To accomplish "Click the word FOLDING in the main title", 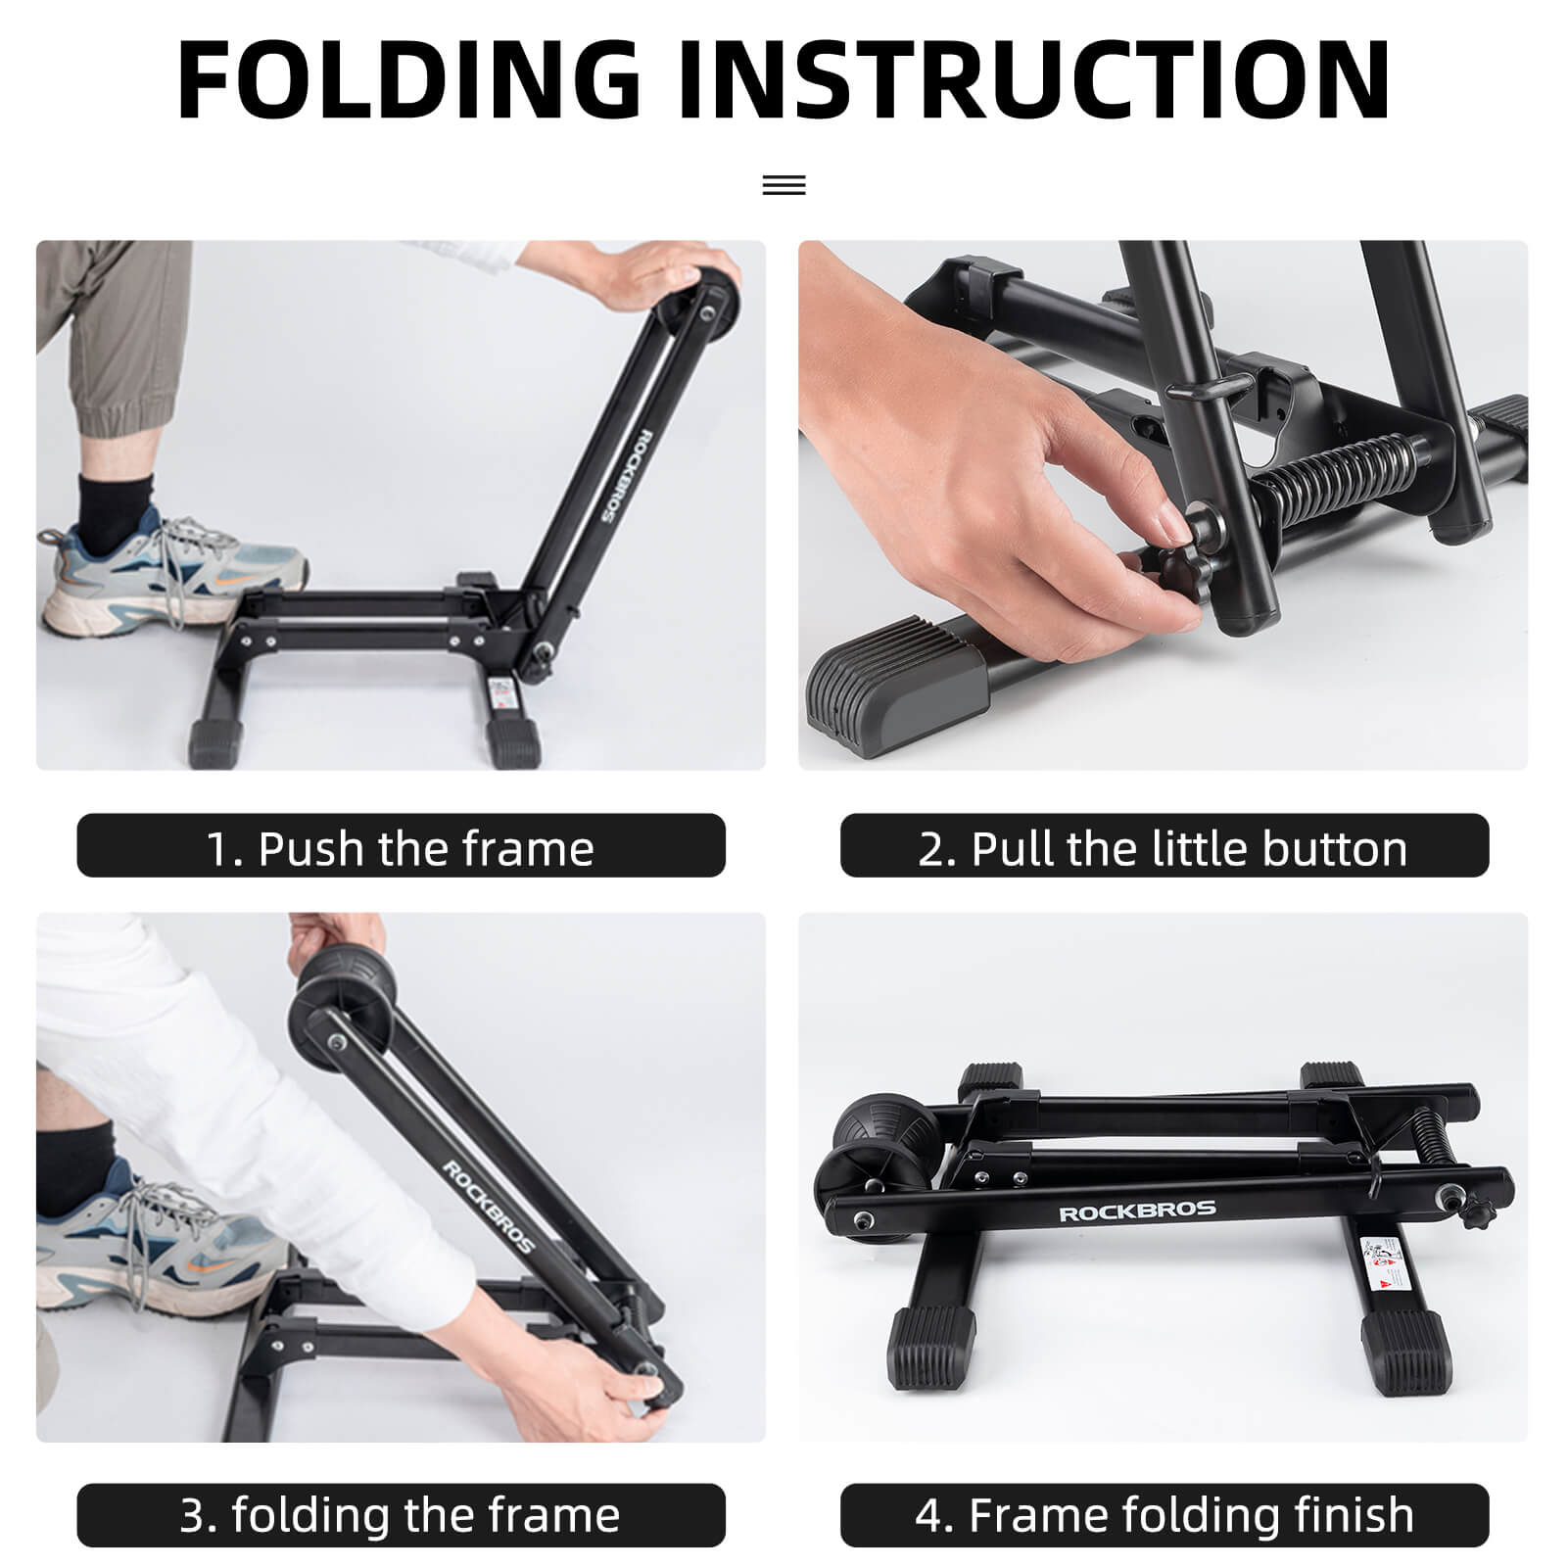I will pyautogui.click(x=409, y=80).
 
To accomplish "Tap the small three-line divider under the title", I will pyautogui.click(x=784, y=185).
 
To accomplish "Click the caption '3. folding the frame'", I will pyautogui.click(x=401, y=1515).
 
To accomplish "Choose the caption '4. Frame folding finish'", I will pyautogui.click(x=1164, y=1515).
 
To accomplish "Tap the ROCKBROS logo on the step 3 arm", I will pyautogui.click(x=489, y=1208).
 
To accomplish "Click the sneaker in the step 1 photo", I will pyautogui.click(x=166, y=579).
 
